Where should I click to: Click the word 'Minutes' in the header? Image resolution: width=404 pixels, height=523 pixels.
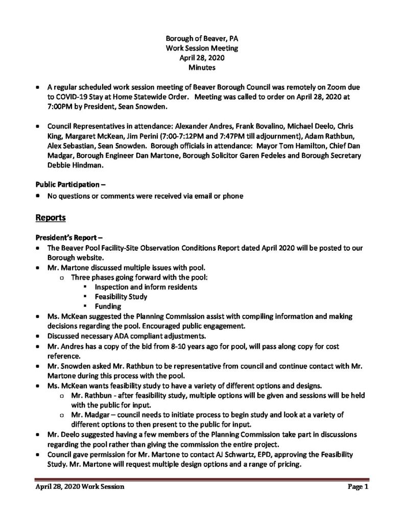coord(202,67)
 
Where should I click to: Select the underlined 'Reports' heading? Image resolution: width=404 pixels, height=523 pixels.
coord(51,218)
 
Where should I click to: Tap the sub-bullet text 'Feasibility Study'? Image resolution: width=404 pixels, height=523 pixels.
coord(121,296)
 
